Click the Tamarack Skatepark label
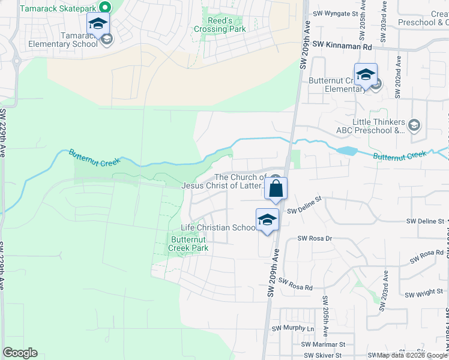click(x=58, y=8)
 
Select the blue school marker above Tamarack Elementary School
click(x=98, y=24)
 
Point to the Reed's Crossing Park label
click(x=220, y=25)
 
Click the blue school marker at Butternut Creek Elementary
click(x=366, y=74)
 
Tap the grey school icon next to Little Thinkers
click(x=414, y=125)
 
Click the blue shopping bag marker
click(x=276, y=188)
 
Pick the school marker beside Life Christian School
click(x=268, y=220)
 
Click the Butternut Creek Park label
click(x=188, y=244)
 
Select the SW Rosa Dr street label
click(x=315, y=238)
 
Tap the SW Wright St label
click(x=424, y=294)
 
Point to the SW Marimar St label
click(x=324, y=344)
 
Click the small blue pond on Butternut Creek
click(x=347, y=151)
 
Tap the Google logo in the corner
click(x=20, y=353)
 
